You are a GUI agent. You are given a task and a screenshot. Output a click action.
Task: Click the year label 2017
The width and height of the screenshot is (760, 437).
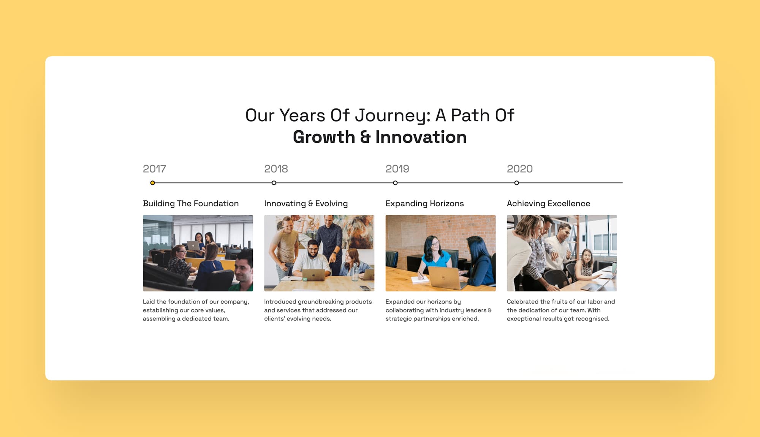pos(154,169)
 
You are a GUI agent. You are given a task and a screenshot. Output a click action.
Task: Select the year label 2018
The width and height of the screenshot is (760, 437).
pos(276,169)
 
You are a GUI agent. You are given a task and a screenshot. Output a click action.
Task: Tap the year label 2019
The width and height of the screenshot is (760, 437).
pos(397,169)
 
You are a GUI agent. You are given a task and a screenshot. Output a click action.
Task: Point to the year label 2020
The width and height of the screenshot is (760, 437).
pos(519,169)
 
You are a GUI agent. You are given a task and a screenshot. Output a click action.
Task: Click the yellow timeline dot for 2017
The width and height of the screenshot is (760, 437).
pos(152,183)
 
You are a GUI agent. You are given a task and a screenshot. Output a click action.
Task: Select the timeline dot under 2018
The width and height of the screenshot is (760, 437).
pos(274,183)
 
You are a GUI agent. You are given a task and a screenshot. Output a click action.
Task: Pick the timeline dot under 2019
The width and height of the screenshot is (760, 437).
pos(395,183)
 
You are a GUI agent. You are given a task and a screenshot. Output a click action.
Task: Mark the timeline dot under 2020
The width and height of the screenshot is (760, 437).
pos(516,183)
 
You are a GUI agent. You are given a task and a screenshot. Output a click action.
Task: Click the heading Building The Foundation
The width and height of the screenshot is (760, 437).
pos(191,204)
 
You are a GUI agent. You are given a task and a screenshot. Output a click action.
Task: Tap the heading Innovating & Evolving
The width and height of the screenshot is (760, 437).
pos(306,204)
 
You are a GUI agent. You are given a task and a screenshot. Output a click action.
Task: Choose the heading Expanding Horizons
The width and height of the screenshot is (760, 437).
pos(424,204)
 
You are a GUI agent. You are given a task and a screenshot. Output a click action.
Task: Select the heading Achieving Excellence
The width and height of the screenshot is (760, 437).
pos(548,204)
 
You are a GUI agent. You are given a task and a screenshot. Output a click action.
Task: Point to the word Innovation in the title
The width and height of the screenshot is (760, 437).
pos(421,137)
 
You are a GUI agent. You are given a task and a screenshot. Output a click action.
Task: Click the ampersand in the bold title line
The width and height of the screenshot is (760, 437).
pos(365,137)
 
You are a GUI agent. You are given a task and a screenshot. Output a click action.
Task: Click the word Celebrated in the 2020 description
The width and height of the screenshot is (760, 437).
pos(522,302)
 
